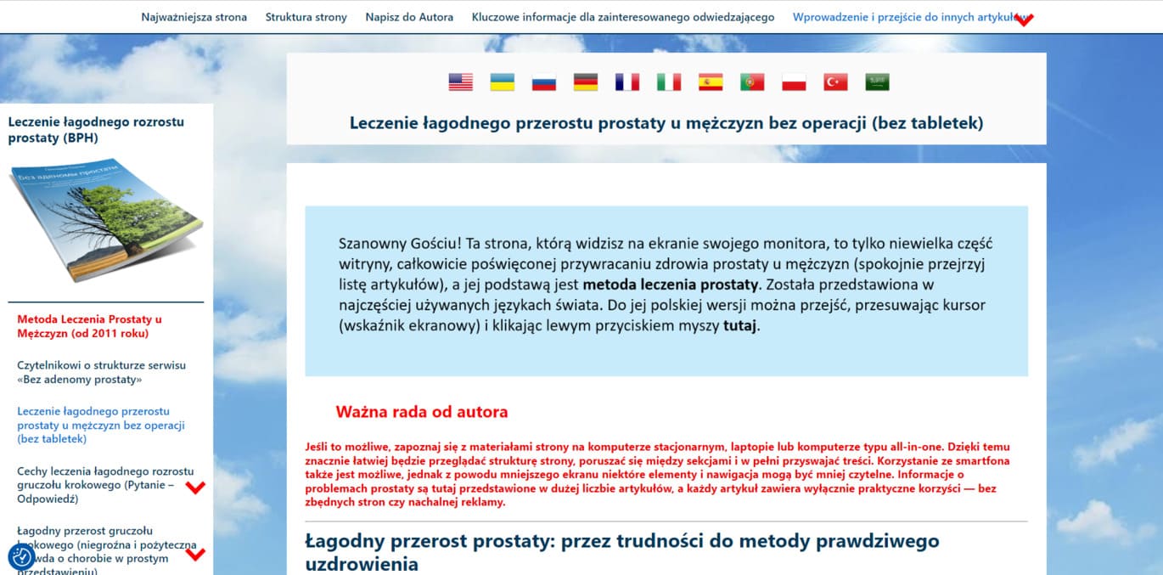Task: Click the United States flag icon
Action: coord(460,82)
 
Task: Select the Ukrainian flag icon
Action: coord(502,82)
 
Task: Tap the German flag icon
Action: coord(585,82)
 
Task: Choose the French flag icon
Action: coord(626,82)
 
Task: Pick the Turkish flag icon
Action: coord(835,82)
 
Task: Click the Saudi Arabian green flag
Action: coord(877,82)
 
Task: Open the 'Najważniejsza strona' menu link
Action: coord(194,17)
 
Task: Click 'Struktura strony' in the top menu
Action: coord(306,17)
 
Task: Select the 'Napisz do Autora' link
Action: coord(409,17)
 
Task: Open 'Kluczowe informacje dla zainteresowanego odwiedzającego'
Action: coord(623,17)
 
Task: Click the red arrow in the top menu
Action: coord(1025,20)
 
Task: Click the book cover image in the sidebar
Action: coord(106,219)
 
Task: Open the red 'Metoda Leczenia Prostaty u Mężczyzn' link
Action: coord(89,326)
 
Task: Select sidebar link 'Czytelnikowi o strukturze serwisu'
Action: coord(101,372)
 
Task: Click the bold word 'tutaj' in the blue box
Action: coord(740,325)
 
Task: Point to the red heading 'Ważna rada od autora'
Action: coord(422,412)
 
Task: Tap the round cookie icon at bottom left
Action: coord(22,557)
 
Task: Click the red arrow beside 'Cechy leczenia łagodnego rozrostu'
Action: coord(196,488)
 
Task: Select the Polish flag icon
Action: coord(794,82)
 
